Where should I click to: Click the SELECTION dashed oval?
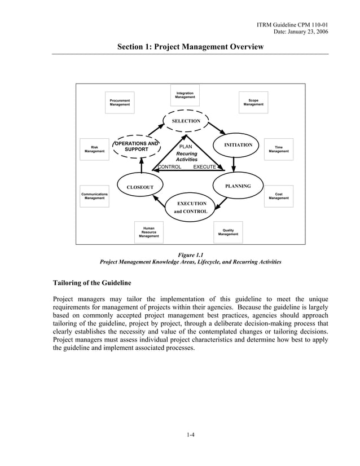point(186,121)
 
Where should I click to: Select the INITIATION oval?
point(238,146)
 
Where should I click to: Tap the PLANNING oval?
point(238,186)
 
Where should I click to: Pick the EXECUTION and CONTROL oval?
point(192,207)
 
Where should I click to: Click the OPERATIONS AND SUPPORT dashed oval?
point(137,147)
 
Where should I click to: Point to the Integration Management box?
point(185,95)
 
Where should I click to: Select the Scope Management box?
point(253,102)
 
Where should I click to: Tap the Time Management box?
point(279,150)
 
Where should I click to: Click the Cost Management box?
point(279,196)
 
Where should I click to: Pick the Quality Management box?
point(229,232)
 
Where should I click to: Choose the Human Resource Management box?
point(149,232)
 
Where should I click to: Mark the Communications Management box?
point(95,196)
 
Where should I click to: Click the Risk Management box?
point(95,150)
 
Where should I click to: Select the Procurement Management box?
point(120,102)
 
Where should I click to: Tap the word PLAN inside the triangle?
point(186,147)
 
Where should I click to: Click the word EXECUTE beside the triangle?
point(204,168)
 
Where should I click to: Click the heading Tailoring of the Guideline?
point(93,283)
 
